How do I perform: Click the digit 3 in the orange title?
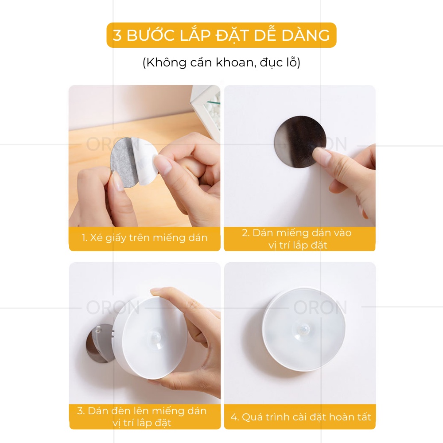[117, 35]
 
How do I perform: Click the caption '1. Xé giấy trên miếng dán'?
[144, 238]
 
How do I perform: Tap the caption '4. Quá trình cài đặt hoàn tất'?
[301, 417]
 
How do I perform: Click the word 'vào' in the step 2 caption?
[342, 233]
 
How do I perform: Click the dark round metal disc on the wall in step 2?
[300, 142]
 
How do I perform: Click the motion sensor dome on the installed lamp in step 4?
[304, 330]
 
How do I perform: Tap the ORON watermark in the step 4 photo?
[320, 307]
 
